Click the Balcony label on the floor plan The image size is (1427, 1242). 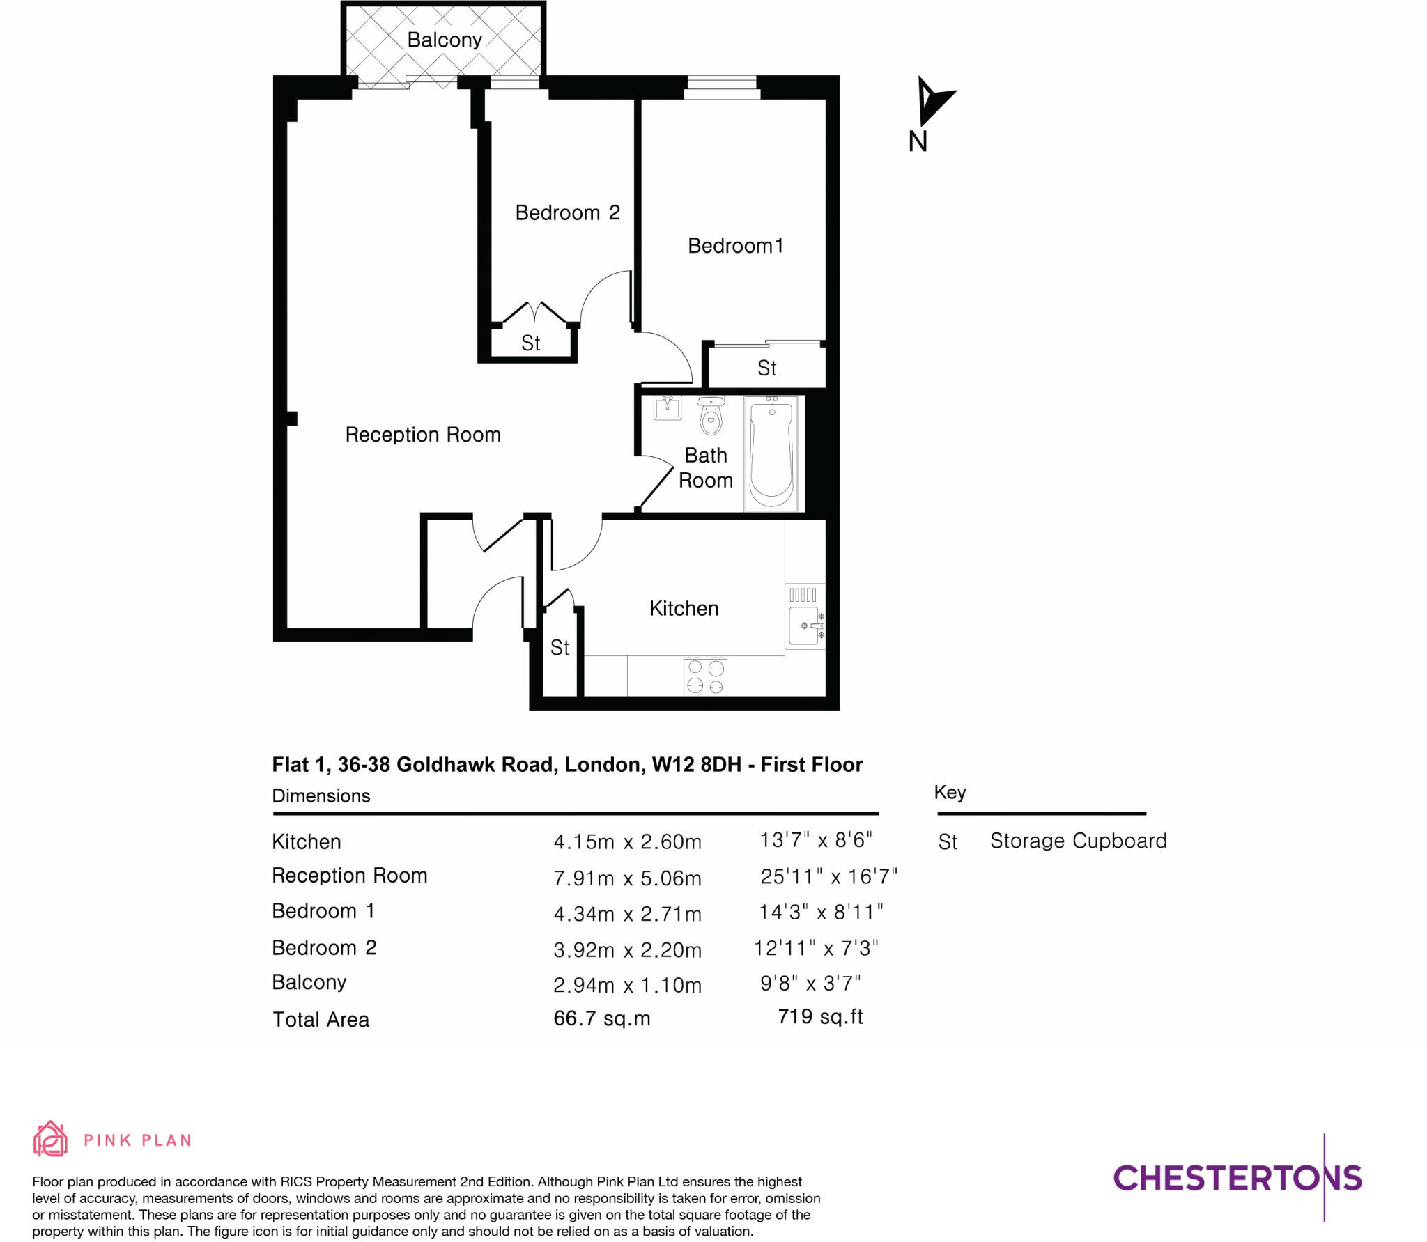pyautogui.click(x=444, y=40)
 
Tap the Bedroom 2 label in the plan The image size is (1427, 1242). pyautogui.click(x=567, y=212)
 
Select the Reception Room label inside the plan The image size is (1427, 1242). pyautogui.click(x=423, y=435)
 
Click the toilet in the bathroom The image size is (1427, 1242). pyautogui.click(x=711, y=416)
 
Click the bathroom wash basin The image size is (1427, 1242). pyautogui.click(x=668, y=407)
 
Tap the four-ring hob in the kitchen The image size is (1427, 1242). pyautogui.click(x=705, y=676)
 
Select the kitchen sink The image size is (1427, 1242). pyautogui.click(x=805, y=626)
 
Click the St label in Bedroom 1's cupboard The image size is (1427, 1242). pyautogui.click(x=766, y=368)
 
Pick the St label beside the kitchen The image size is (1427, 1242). pyautogui.click(x=560, y=648)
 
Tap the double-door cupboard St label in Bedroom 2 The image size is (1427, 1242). pyautogui.click(x=530, y=343)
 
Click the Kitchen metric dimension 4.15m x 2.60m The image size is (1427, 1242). pyautogui.click(x=627, y=841)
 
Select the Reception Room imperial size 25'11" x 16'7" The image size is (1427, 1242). pyautogui.click(x=828, y=876)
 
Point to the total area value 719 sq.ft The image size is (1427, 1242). pyautogui.click(x=820, y=1016)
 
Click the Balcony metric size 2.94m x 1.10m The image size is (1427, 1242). pyautogui.click(x=627, y=985)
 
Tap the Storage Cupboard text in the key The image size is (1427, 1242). pyautogui.click(x=1078, y=841)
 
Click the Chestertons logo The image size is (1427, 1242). pyautogui.click(x=1237, y=1177)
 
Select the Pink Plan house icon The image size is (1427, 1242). pyautogui.click(x=50, y=1139)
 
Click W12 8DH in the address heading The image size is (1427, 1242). pyautogui.click(x=696, y=765)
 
